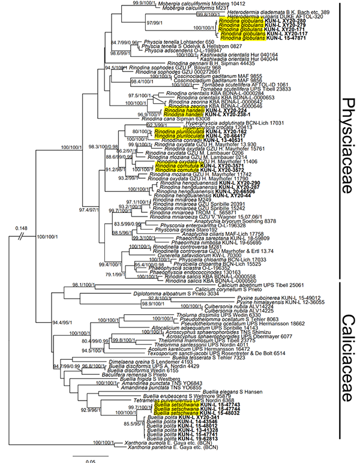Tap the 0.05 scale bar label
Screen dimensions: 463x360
pyautogui.click(x=86, y=458)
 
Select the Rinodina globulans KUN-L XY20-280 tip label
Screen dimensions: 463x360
pyautogui.click(x=244, y=20)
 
